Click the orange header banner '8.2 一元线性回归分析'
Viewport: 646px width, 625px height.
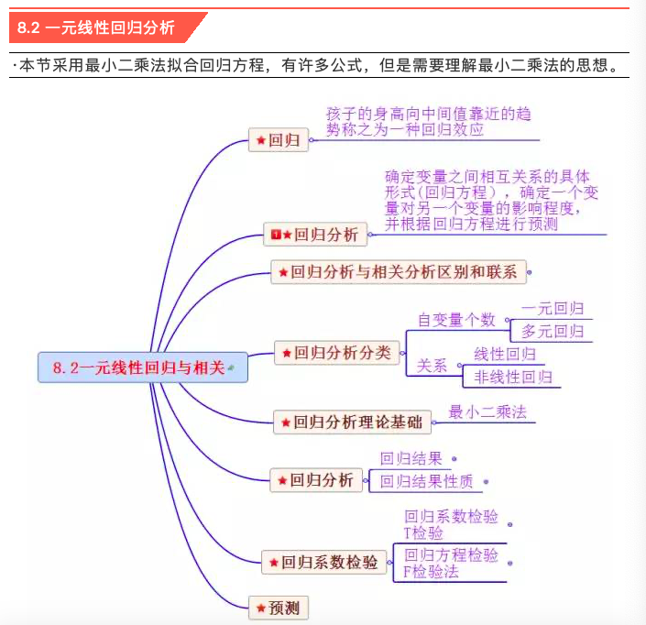pos(101,27)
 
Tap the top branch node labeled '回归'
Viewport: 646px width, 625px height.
pos(279,140)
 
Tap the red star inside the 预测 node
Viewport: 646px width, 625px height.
pos(261,607)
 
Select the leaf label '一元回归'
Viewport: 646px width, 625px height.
pos(553,310)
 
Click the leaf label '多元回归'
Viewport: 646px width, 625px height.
pos(553,331)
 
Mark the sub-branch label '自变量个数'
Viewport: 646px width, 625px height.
pos(456,320)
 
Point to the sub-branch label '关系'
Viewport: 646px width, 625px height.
pos(432,365)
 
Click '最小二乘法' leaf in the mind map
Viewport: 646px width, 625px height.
pos(487,412)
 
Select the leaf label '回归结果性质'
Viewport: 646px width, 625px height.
pos(427,480)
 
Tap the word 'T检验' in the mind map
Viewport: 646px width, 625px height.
pos(423,532)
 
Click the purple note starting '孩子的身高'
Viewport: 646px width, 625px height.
pos(428,121)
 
